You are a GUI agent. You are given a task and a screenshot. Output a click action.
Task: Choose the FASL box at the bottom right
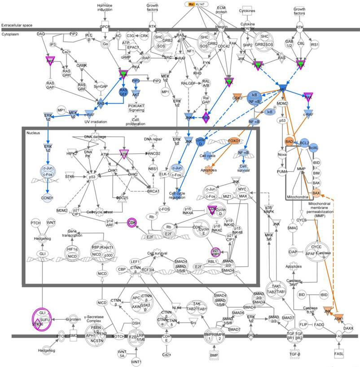point(339,355)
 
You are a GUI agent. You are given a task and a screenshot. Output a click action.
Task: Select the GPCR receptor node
point(105,27)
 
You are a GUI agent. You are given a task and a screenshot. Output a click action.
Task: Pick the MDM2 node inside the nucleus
point(62,198)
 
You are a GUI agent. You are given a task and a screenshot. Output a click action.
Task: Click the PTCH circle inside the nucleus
point(35,223)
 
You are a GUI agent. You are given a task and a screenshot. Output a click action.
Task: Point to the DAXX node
point(349,328)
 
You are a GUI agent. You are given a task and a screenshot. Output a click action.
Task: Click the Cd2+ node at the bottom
point(167,354)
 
